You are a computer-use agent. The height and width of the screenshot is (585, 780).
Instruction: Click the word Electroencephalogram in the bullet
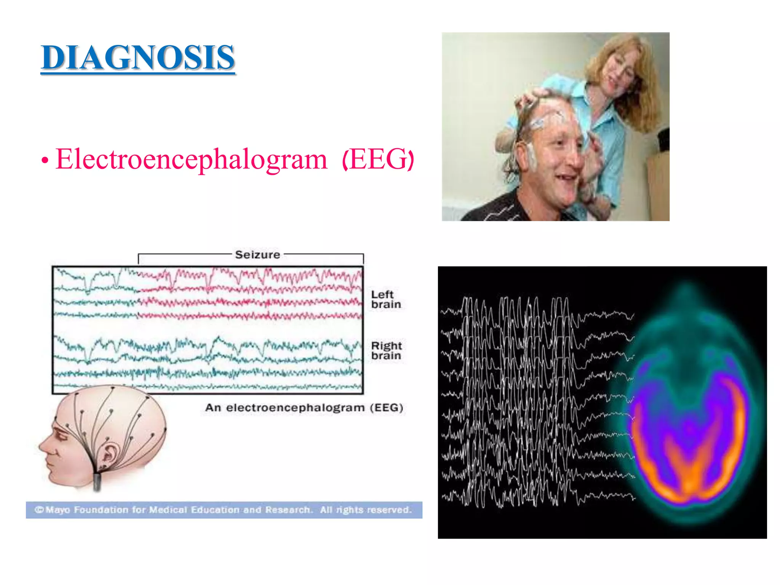pos(191,159)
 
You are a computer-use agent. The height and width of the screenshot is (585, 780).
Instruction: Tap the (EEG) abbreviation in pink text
pos(378,159)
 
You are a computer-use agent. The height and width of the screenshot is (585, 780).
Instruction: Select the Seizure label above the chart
pos(257,254)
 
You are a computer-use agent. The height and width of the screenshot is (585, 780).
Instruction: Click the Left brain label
pos(385,299)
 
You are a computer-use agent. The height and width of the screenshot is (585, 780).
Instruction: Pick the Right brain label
pos(386,350)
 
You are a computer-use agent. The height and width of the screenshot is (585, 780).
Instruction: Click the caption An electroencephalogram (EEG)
pos(304,408)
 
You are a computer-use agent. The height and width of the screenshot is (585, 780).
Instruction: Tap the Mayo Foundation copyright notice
pos(224,510)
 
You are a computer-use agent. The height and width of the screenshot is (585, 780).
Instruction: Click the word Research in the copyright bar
pos(288,510)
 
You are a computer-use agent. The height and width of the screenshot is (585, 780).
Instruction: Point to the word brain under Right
pos(386,356)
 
